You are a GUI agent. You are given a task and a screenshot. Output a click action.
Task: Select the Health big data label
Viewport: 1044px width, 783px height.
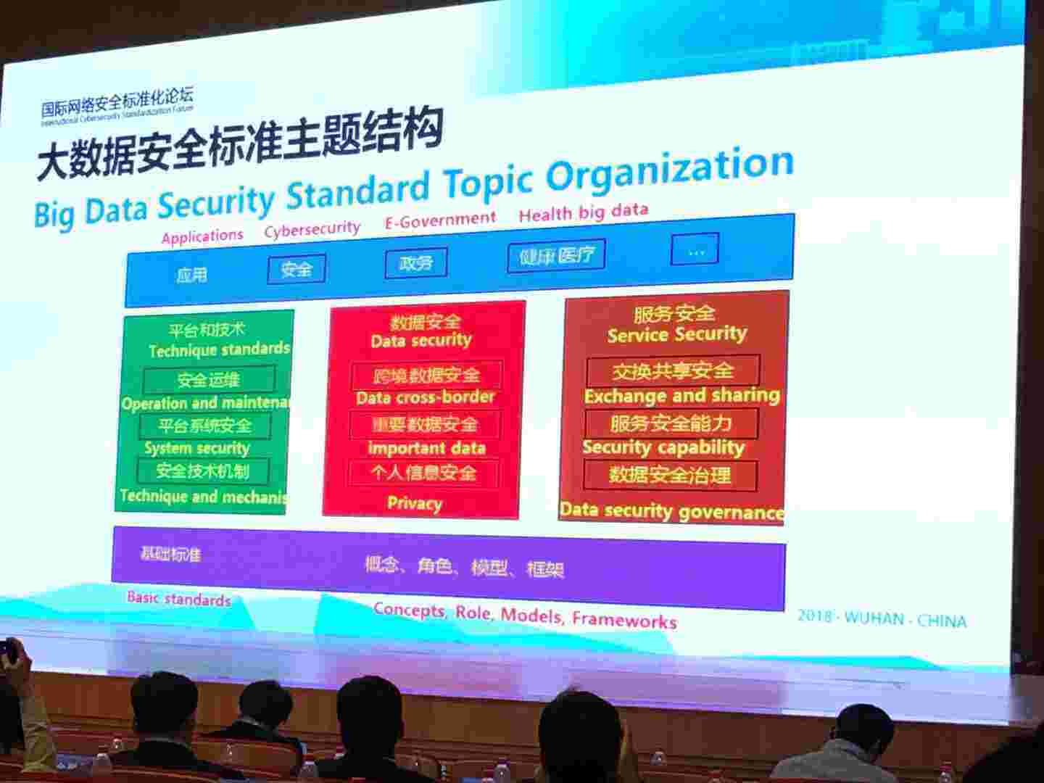583,212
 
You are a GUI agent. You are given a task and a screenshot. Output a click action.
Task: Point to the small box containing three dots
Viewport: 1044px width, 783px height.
695,250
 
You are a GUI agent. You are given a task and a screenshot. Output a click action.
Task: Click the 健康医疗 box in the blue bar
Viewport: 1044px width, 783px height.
556,256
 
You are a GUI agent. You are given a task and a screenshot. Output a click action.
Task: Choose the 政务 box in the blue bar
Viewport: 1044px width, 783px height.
415,262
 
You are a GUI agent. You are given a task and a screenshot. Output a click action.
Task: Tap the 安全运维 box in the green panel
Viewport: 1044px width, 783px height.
209,379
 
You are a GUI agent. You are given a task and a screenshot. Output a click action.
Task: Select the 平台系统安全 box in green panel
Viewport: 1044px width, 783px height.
205,426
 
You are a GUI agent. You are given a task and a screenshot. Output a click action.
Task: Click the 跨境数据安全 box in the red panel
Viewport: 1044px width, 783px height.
426,376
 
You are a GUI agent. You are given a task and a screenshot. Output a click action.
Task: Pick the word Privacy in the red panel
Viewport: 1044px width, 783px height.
414,503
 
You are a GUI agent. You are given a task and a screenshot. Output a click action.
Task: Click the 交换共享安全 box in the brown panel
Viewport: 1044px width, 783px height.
672,371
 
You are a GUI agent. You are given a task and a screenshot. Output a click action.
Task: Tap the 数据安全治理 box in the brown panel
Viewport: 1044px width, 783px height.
670,476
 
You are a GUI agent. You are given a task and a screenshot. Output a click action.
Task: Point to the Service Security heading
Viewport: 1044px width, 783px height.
676,334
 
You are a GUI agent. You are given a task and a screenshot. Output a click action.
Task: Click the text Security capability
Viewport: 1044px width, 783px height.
663,447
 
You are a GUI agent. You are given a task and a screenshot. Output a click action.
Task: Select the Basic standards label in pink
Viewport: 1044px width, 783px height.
178,599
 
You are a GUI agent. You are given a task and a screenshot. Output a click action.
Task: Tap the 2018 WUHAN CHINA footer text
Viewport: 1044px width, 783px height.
882,618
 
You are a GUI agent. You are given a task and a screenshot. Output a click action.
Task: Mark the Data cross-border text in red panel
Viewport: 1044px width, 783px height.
425,397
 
